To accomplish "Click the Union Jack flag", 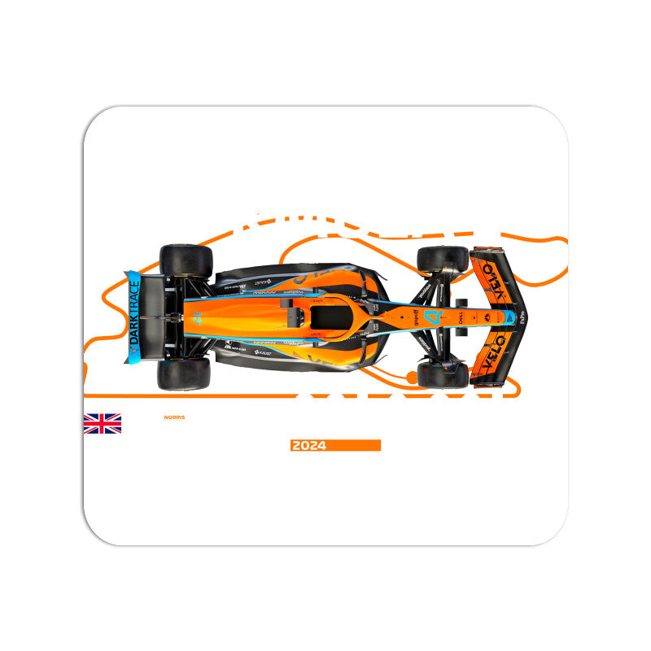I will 103,423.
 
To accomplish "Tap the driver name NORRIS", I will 174,417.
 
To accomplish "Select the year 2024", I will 308,445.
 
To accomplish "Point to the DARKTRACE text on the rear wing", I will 134,317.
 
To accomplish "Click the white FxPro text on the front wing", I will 522,315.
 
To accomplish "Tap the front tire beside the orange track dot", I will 442,374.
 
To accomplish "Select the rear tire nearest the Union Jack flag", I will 184,374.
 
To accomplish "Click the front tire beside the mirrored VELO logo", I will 442,260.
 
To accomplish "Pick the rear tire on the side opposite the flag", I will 186,260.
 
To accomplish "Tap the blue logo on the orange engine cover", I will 198,319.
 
